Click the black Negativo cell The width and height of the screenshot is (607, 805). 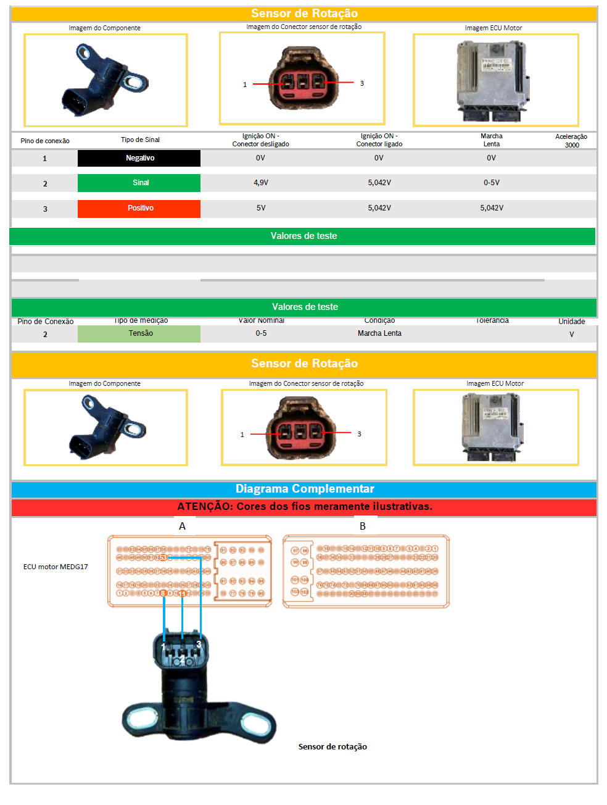tap(139, 158)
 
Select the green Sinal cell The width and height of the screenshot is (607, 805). tap(139, 183)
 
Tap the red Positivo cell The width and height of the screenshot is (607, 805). tap(139, 208)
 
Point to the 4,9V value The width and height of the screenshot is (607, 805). tap(261, 183)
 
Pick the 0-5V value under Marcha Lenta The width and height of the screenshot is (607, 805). tap(492, 183)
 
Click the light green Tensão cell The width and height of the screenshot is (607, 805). tap(139, 333)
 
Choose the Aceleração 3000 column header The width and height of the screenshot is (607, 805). tap(571, 141)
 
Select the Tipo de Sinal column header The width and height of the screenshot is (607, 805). tap(140, 140)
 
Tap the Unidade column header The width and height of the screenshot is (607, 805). tap(572, 321)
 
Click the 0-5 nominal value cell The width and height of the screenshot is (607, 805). tap(262, 333)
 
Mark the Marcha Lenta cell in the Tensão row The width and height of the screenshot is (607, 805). tap(379, 333)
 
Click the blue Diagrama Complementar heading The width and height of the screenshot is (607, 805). tap(305, 489)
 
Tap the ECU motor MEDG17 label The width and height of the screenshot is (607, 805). tap(56, 567)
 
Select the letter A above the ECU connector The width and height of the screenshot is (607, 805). tap(182, 526)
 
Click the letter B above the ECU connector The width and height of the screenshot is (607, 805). tap(363, 526)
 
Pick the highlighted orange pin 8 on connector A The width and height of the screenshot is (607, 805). tap(163, 593)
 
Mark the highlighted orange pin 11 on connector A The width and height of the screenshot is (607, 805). tap(183, 593)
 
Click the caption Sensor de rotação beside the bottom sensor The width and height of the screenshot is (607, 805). tap(332, 747)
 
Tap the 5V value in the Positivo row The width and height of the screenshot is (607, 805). tap(261, 208)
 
